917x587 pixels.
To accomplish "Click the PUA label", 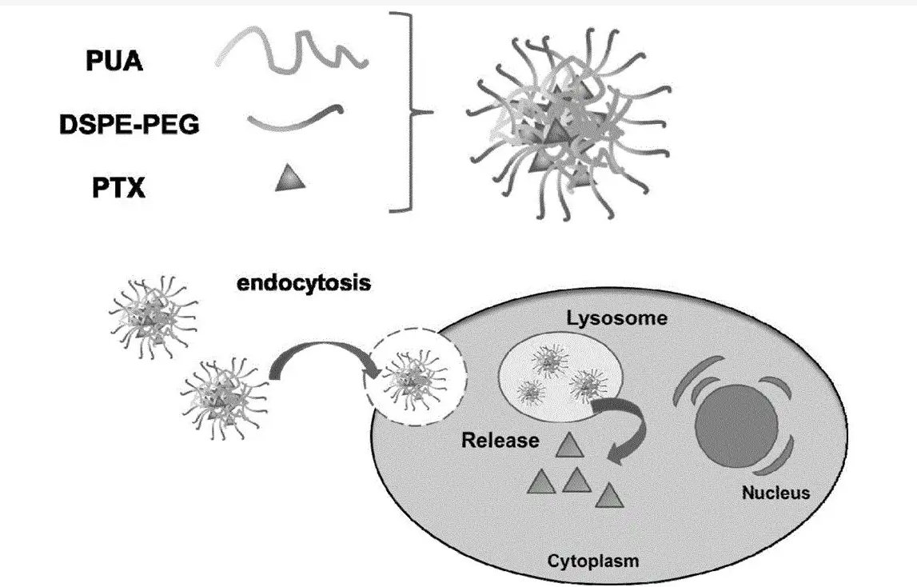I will point(114,61).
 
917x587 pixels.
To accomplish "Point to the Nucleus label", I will point(775,492).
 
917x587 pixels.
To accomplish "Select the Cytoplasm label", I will point(593,560).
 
